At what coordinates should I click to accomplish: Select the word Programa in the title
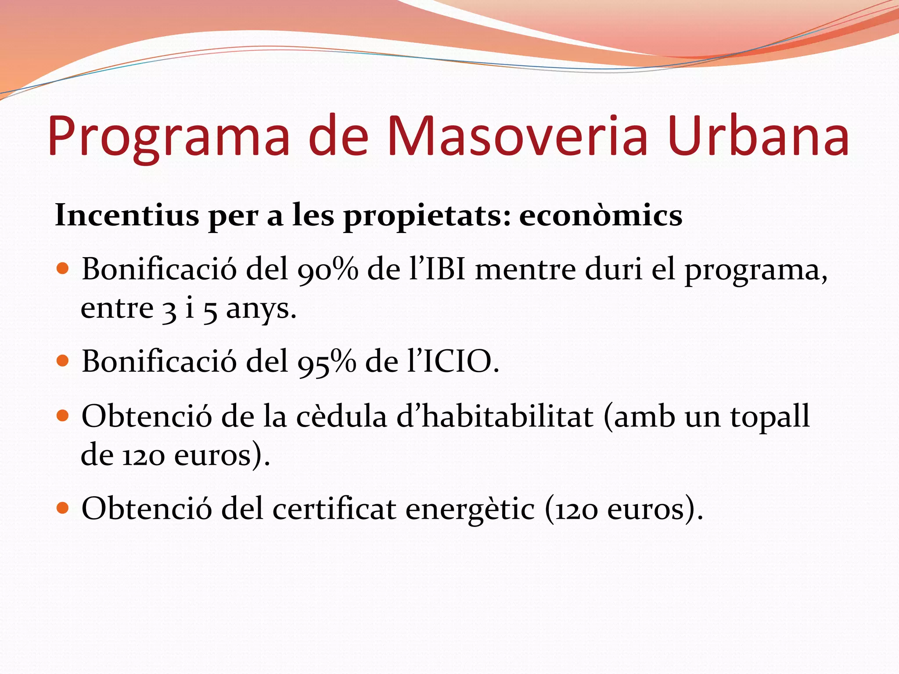(x=169, y=137)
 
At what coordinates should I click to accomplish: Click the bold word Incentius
(x=127, y=215)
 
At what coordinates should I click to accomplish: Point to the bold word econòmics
(x=601, y=215)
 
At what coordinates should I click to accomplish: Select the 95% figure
(x=327, y=362)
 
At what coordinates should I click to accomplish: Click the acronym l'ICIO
(x=452, y=362)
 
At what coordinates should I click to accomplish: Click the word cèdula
(x=342, y=417)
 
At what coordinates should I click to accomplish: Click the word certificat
(x=334, y=509)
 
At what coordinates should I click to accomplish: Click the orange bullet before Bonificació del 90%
(x=63, y=269)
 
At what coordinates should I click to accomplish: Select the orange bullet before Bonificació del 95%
(x=63, y=361)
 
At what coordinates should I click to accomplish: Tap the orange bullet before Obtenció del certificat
(x=63, y=508)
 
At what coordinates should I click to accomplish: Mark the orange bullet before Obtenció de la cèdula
(x=63, y=416)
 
